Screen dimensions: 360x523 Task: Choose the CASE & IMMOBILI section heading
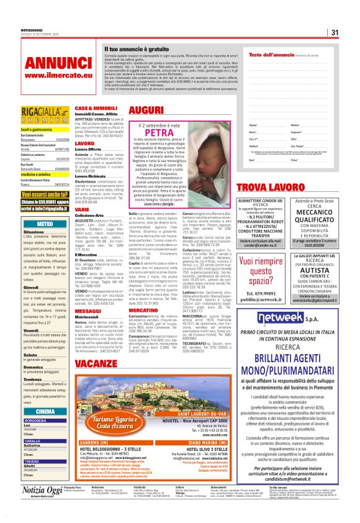[96, 108]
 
